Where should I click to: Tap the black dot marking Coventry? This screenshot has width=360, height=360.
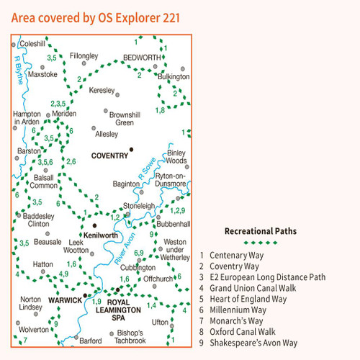131,149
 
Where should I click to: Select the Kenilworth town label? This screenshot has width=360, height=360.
101,235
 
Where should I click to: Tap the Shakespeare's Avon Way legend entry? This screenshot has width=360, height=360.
259,343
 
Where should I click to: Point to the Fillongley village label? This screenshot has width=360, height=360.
84,55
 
